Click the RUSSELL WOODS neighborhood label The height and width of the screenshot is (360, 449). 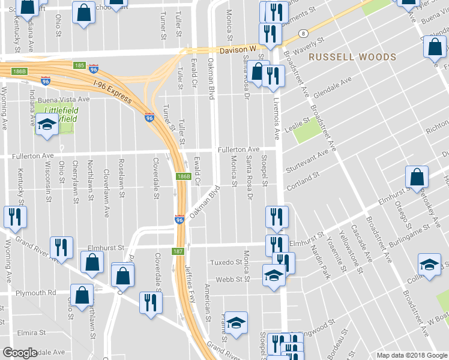coord(352,57)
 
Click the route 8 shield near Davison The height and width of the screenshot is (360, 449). coord(304,34)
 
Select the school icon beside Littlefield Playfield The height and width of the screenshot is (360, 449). coord(46,125)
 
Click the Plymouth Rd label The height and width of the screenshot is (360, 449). coord(35,293)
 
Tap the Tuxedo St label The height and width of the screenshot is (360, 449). coord(225,263)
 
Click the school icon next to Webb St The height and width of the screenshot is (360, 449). coord(274,276)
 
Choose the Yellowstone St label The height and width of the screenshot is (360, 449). coord(349,250)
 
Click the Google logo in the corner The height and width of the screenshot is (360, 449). coord(20,353)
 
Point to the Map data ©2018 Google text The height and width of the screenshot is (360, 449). coord(411,355)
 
